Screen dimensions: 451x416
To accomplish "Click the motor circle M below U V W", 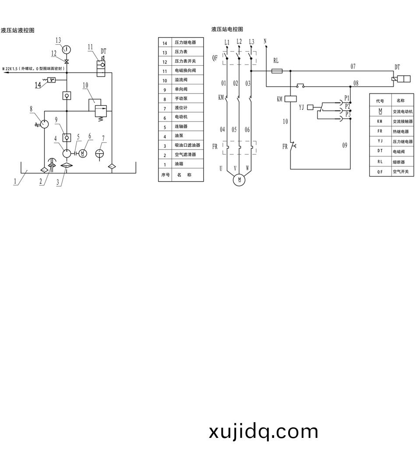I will [239, 179].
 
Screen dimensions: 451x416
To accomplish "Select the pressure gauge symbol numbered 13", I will [67, 49].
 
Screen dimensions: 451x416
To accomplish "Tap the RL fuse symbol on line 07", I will [276, 70].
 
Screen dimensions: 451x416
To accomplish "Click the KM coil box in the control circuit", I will [291, 99].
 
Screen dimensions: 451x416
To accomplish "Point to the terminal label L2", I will [239, 42].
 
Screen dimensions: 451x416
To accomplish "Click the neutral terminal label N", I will [265, 41].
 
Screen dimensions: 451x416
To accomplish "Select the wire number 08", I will [356, 83].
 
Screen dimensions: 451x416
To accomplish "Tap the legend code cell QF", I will [380, 172].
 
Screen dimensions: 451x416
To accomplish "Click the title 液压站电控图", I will [227, 29].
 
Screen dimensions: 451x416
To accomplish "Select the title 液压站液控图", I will [18, 31].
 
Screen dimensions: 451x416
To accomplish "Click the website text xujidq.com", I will [264, 432].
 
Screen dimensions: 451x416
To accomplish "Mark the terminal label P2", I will [348, 106].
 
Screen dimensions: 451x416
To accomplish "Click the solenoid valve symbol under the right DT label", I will [401, 79].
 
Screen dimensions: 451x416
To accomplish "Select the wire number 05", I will [235, 129].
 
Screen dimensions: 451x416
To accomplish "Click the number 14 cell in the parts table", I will [165, 43].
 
